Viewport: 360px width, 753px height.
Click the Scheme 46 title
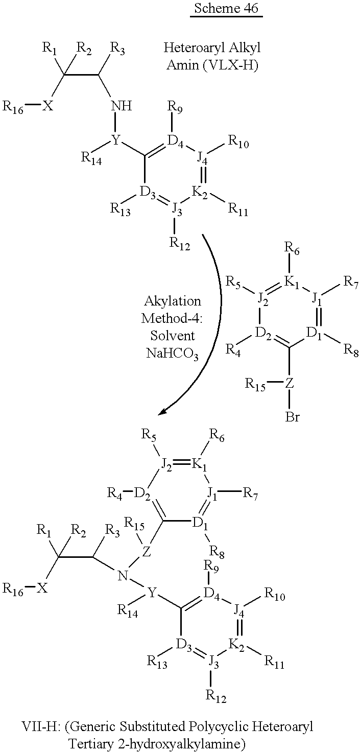tap(226, 8)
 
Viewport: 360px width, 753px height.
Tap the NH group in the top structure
tap(122, 106)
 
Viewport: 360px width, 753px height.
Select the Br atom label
tap(293, 417)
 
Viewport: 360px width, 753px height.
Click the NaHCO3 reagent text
tap(173, 354)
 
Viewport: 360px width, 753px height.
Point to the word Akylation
tap(173, 301)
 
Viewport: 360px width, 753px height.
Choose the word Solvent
tap(173, 336)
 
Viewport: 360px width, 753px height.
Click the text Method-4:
tap(172, 318)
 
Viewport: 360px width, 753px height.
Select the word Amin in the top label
tap(182, 64)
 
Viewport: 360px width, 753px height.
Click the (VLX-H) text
tap(231, 65)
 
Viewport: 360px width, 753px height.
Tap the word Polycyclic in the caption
tap(218, 726)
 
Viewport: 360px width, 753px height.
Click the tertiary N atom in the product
tap(123, 576)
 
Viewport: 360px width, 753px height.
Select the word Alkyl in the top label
tap(245, 48)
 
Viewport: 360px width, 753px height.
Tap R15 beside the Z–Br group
tap(255, 384)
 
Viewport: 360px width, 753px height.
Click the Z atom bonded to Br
tap(290, 384)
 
